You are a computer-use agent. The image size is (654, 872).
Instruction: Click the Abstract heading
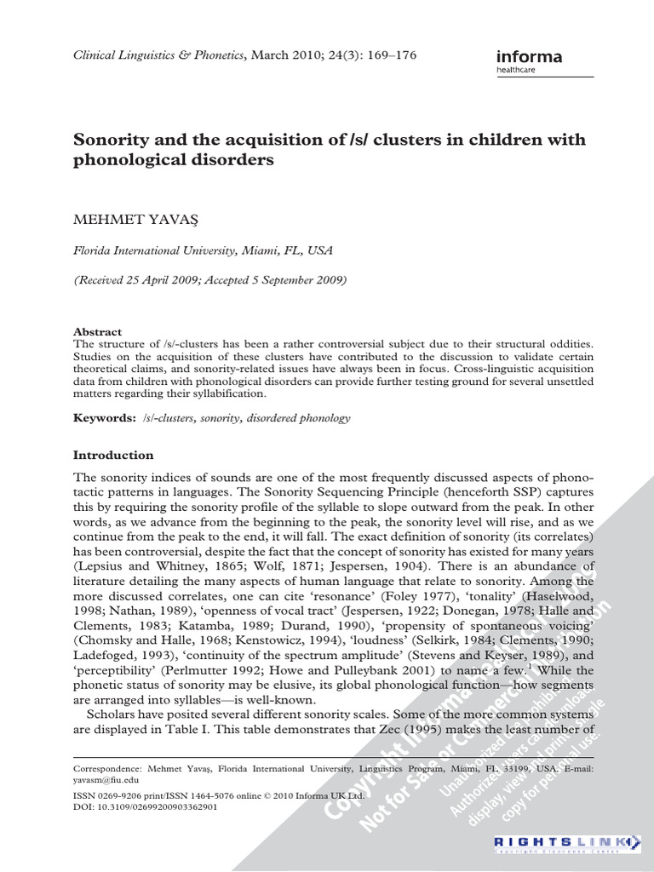coord(98,331)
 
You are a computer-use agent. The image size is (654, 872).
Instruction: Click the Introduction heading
coord(113,455)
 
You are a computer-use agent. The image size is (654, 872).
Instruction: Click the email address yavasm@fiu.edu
coord(106,779)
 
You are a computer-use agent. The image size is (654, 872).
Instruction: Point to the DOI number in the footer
coord(146,806)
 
